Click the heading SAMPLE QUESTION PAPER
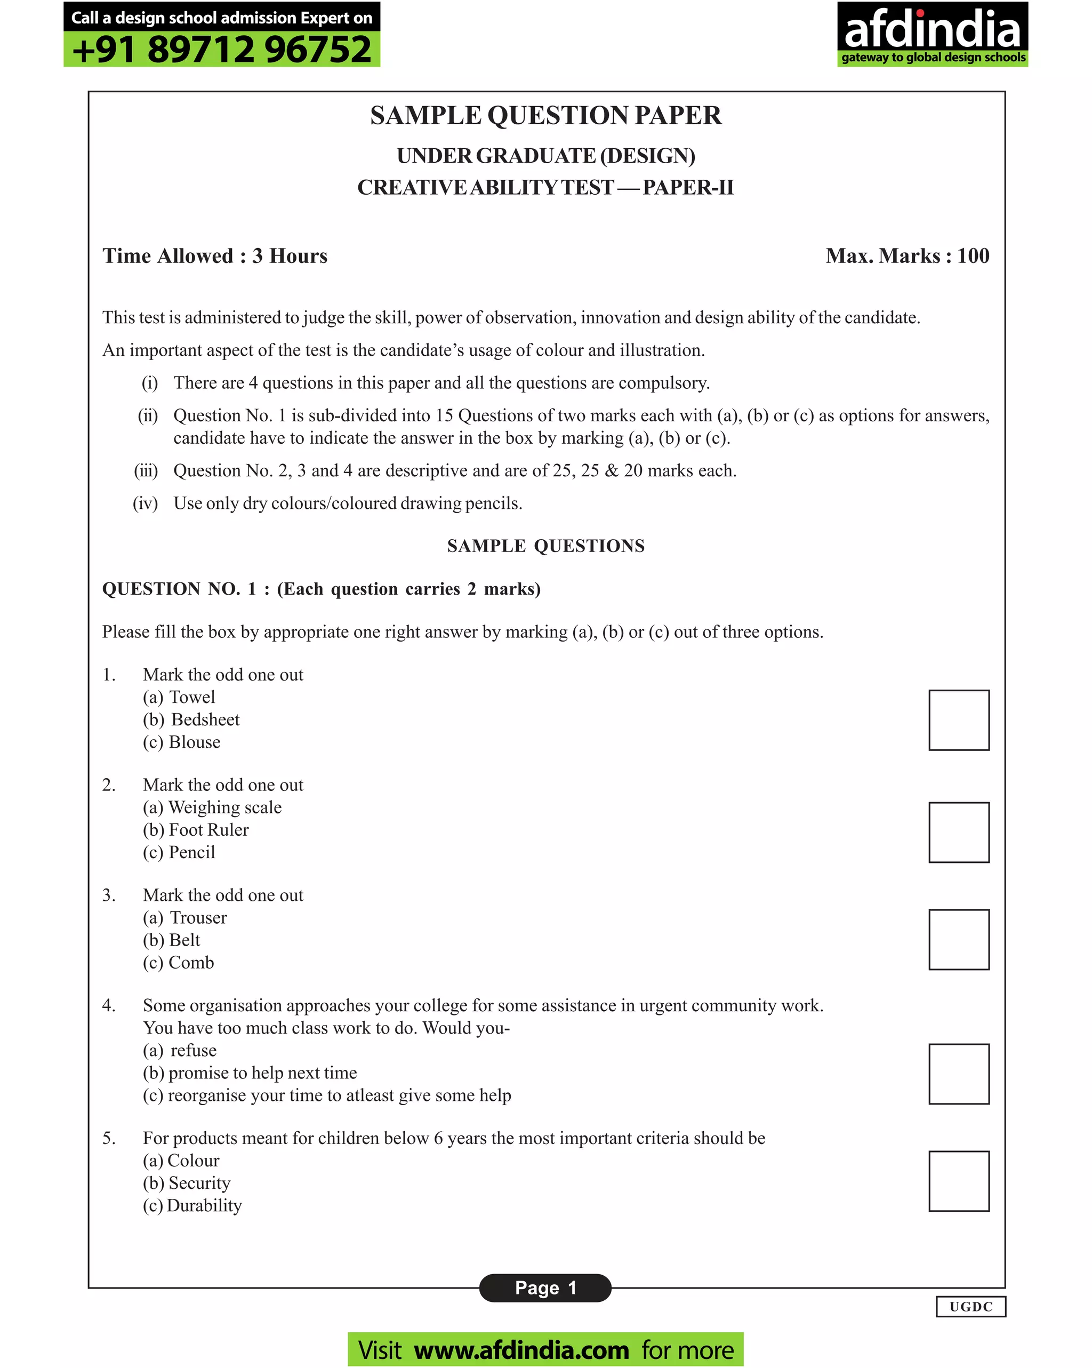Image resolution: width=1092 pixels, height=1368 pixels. tap(545, 116)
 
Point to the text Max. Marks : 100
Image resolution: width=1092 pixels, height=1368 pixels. tap(907, 255)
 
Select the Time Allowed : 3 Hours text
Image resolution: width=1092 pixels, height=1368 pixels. tap(215, 255)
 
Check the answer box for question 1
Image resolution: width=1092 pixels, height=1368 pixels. tap(958, 720)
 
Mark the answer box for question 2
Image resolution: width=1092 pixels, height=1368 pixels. tap(958, 832)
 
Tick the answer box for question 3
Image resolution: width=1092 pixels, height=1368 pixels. tap(958, 940)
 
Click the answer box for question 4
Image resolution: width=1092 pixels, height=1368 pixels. tap(958, 1074)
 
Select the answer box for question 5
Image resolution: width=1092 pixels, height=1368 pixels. tap(958, 1181)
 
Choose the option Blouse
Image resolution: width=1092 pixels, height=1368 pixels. tap(194, 742)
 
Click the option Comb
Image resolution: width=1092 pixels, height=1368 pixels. tap(191, 963)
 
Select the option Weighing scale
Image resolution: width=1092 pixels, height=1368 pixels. tap(224, 807)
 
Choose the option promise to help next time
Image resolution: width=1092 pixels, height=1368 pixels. tap(262, 1073)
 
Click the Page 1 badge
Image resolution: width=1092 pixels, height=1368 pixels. tap(545, 1287)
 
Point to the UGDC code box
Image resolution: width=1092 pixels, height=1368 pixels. tap(970, 1307)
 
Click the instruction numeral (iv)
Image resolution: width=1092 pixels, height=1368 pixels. tap(146, 503)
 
